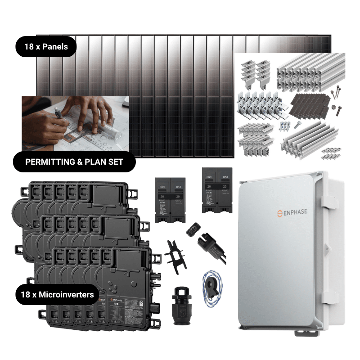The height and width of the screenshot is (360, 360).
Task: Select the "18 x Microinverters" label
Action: [57, 295]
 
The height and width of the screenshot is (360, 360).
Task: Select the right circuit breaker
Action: [217, 191]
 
